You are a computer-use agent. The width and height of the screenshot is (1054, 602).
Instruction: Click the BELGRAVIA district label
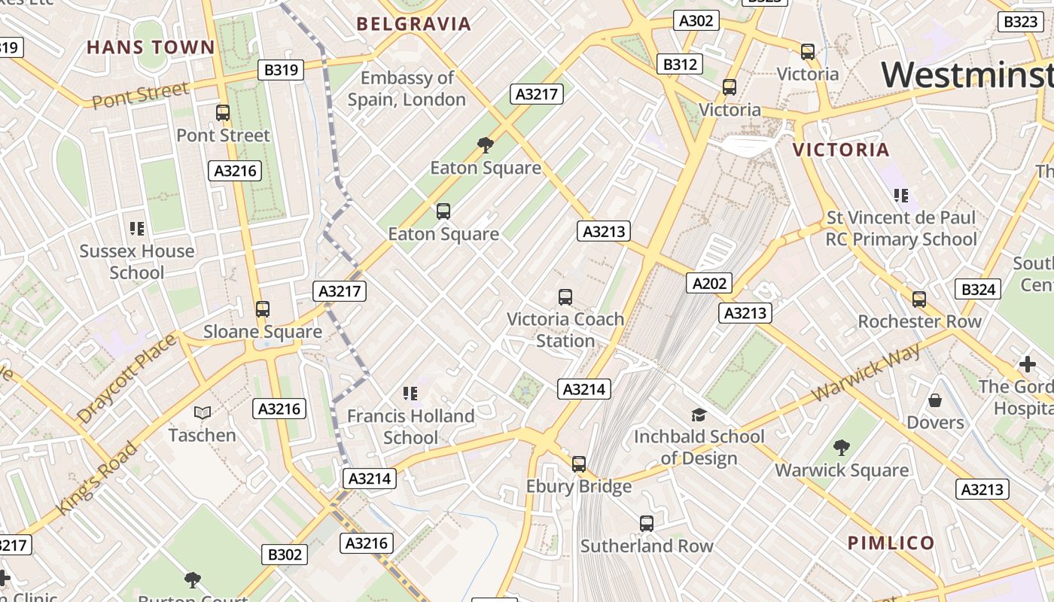click(414, 24)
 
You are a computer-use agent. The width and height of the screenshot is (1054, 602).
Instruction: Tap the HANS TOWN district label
click(151, 47)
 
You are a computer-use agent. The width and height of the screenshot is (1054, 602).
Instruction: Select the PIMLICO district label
click(891, 543)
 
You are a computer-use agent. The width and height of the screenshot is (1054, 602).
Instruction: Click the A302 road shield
click(696, 20)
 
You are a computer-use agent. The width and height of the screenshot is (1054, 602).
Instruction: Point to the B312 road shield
click(679, 65)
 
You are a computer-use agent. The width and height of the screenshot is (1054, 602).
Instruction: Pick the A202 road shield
click(709, 283)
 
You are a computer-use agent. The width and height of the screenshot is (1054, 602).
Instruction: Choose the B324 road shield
click(979, 289)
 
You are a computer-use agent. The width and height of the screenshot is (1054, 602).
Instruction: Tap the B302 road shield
click(285, 555)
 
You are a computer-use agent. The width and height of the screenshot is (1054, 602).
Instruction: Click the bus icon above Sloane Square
click(263, 309)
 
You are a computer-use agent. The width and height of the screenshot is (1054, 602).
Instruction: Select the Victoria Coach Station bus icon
click(565, 297)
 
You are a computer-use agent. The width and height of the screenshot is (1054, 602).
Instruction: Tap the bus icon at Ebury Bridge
click(578, 464)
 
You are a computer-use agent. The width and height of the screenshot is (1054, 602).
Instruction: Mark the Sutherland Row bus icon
click(646, 524)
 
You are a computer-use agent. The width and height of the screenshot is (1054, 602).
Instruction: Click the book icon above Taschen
click(203, 412)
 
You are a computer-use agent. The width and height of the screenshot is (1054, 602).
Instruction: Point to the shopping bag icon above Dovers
click(935, 400)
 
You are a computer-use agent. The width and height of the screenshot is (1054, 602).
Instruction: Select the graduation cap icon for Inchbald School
click(699, 415)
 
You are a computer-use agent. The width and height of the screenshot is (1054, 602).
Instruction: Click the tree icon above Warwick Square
click(842, 448)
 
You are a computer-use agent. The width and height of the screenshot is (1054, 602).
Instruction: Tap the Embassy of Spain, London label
click(407, 89)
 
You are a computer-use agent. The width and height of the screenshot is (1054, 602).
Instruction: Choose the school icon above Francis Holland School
click(410, 393)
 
